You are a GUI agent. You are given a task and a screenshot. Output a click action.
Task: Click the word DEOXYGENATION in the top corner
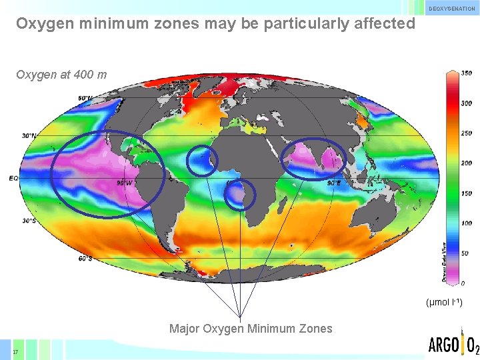451,9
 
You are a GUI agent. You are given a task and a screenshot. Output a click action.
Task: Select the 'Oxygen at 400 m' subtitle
61,75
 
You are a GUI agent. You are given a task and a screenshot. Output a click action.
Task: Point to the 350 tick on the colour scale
467,73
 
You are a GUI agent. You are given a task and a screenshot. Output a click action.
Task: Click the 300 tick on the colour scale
467,103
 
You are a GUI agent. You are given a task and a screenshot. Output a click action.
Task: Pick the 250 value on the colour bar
467,133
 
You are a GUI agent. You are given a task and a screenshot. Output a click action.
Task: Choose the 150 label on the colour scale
467,193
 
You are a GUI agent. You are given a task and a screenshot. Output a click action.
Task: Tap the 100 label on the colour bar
467,223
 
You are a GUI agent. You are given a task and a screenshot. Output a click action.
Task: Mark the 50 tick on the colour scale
465,253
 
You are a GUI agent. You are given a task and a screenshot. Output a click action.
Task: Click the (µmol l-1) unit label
443,303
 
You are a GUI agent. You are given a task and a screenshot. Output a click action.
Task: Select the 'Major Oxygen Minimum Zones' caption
251,328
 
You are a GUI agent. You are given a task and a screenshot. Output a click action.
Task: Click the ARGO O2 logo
453,345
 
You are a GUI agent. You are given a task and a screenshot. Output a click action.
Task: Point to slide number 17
15,351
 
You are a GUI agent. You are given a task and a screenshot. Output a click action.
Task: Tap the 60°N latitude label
85,99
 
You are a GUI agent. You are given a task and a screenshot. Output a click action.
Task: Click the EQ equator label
13,178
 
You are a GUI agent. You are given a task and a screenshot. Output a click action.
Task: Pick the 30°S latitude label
29,221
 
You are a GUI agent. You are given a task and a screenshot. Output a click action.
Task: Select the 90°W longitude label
124,183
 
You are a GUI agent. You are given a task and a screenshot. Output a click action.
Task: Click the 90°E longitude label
333,183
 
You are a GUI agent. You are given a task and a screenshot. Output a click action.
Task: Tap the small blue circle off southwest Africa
239,195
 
